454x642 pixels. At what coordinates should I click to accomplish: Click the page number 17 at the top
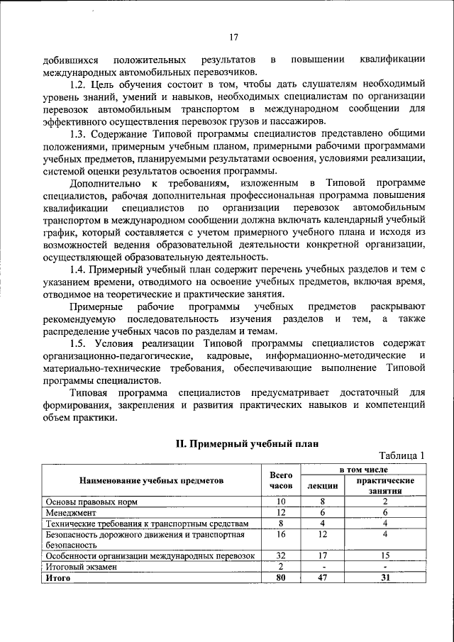coord(233,38)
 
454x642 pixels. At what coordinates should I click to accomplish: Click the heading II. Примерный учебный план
coord(247,443)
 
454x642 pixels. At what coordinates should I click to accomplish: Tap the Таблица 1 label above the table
coord(402,455)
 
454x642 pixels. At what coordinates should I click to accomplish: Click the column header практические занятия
coord(385,486)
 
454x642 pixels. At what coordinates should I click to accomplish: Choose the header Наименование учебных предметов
coord(151,480)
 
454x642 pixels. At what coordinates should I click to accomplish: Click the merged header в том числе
coord(362,470)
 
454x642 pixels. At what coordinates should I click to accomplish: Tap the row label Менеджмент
coord(71,511)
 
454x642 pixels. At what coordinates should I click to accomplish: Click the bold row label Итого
coord(57,578)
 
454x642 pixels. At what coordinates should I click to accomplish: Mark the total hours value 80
coord(281,578)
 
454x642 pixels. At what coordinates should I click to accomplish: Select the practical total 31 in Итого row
coord(385,578)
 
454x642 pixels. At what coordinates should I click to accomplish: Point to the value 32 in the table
coord(281,556)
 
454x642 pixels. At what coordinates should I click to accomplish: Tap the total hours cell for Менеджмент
coord(281,511)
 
